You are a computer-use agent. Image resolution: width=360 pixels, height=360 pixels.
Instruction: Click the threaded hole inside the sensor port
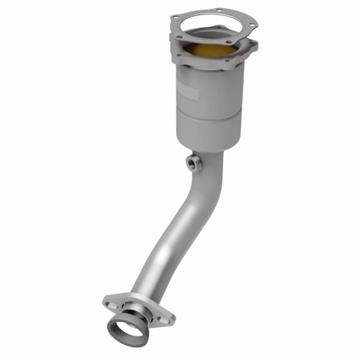click(191, 162)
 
